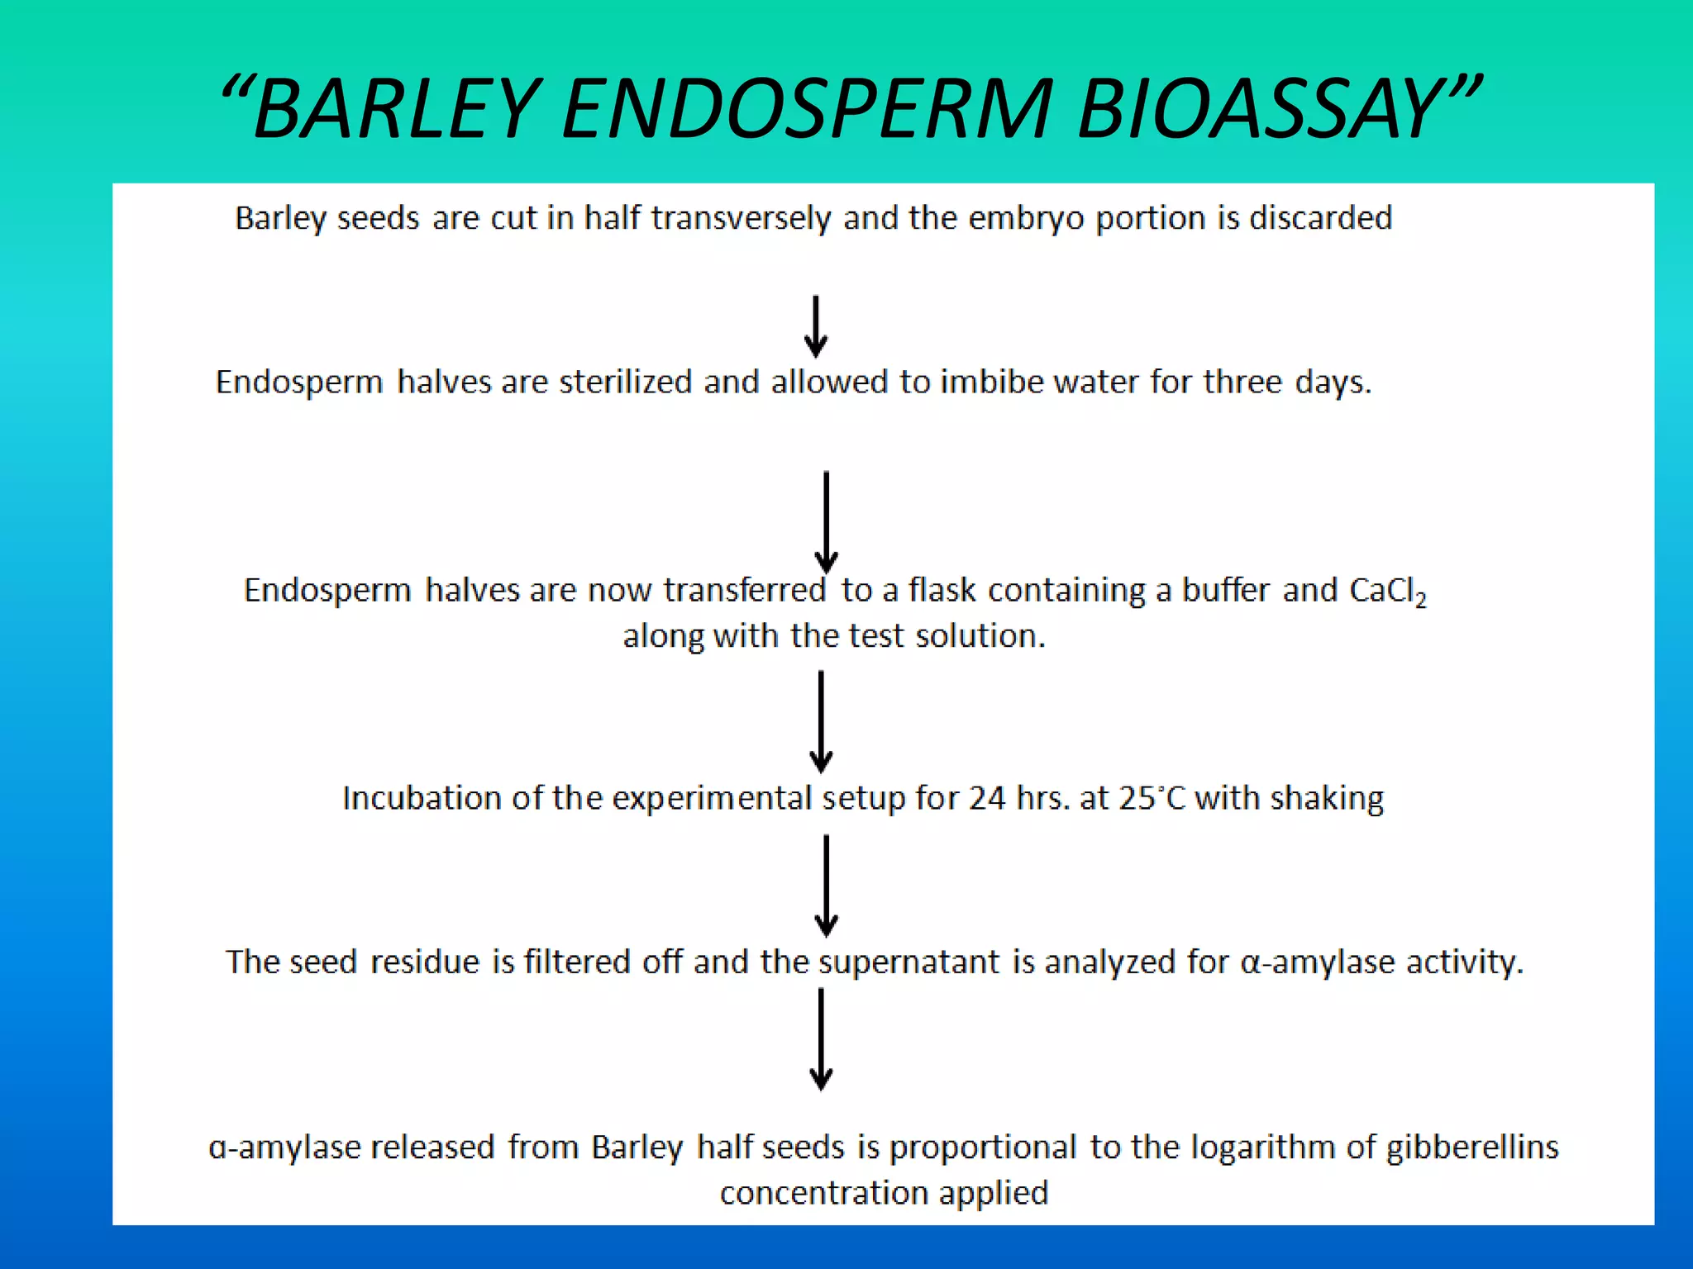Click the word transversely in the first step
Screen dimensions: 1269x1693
point(741,218)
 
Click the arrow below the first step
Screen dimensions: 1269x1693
point(816,326)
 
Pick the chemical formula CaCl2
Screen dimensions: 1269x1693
point(1387,591)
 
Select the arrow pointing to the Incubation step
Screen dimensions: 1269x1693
point(821,722)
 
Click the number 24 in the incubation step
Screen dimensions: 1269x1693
point(987,798)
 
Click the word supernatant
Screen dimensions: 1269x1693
point(909,962)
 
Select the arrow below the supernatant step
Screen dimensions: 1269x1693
point(821,1039)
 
